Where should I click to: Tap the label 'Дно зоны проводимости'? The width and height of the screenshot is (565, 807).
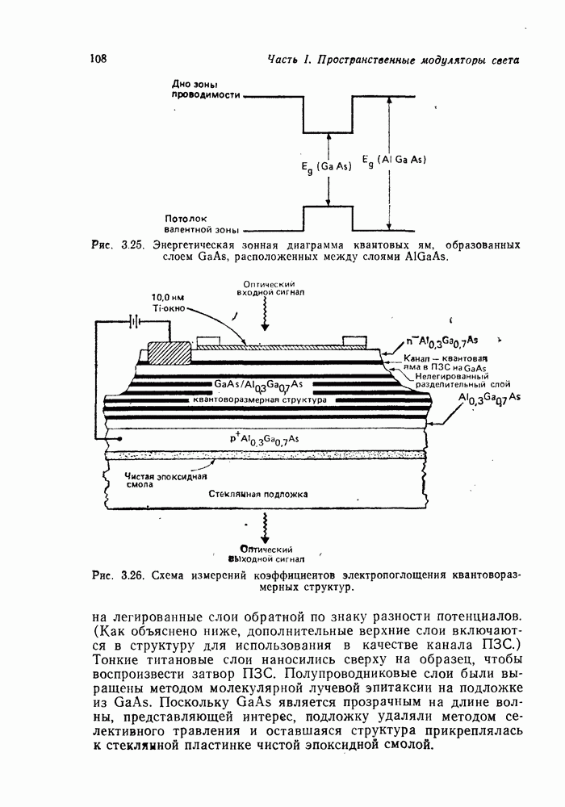tap(207, 89)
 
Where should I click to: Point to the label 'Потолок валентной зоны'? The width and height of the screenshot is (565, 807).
tap(202, 223)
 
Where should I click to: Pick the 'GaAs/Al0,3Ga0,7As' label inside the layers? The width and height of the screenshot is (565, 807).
tap(258, 383)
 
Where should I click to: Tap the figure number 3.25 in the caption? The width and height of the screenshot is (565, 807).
tap(129, 245)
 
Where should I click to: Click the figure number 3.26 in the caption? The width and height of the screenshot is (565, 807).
tap(129, 576)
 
